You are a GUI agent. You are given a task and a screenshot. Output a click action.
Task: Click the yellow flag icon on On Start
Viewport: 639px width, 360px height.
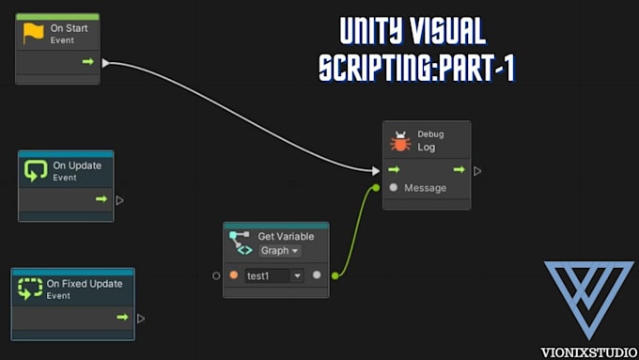34,34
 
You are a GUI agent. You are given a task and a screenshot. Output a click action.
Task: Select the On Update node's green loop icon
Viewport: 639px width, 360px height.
36,170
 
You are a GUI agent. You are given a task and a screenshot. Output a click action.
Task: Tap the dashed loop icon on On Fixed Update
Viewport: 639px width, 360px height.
30,288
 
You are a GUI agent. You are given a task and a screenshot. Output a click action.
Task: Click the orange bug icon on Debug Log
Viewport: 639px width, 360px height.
400,141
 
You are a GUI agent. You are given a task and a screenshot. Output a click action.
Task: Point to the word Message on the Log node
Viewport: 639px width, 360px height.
425,188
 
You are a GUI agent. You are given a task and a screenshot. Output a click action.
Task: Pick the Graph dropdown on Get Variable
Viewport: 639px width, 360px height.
280,251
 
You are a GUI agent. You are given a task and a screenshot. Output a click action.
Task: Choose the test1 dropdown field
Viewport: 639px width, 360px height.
273,275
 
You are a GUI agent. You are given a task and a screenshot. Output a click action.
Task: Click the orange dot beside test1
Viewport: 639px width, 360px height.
233,275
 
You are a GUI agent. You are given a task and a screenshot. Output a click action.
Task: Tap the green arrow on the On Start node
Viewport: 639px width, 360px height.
87,62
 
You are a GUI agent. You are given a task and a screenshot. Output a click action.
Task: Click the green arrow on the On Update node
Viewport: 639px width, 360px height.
101,199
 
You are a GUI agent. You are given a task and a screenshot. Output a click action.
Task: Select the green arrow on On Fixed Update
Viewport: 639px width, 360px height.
122,318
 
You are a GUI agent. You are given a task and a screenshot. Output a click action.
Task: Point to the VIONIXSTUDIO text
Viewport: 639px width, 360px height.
589,352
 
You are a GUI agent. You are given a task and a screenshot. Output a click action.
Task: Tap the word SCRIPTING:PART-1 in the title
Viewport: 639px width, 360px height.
416,69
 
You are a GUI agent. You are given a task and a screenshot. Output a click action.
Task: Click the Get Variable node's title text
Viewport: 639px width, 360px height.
286,236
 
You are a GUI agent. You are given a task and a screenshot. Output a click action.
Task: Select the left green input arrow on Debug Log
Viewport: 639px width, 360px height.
395,170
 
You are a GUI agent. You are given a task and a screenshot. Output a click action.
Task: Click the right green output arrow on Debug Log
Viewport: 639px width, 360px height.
460,170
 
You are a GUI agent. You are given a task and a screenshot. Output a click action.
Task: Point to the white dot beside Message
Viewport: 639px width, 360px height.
394,188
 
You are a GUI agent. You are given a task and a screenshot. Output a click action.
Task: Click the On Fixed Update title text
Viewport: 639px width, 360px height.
85,284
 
